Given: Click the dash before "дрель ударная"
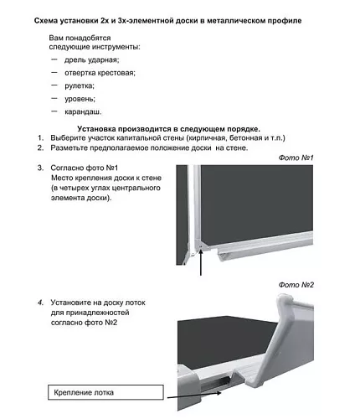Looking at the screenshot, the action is click(x=54, y=59).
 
